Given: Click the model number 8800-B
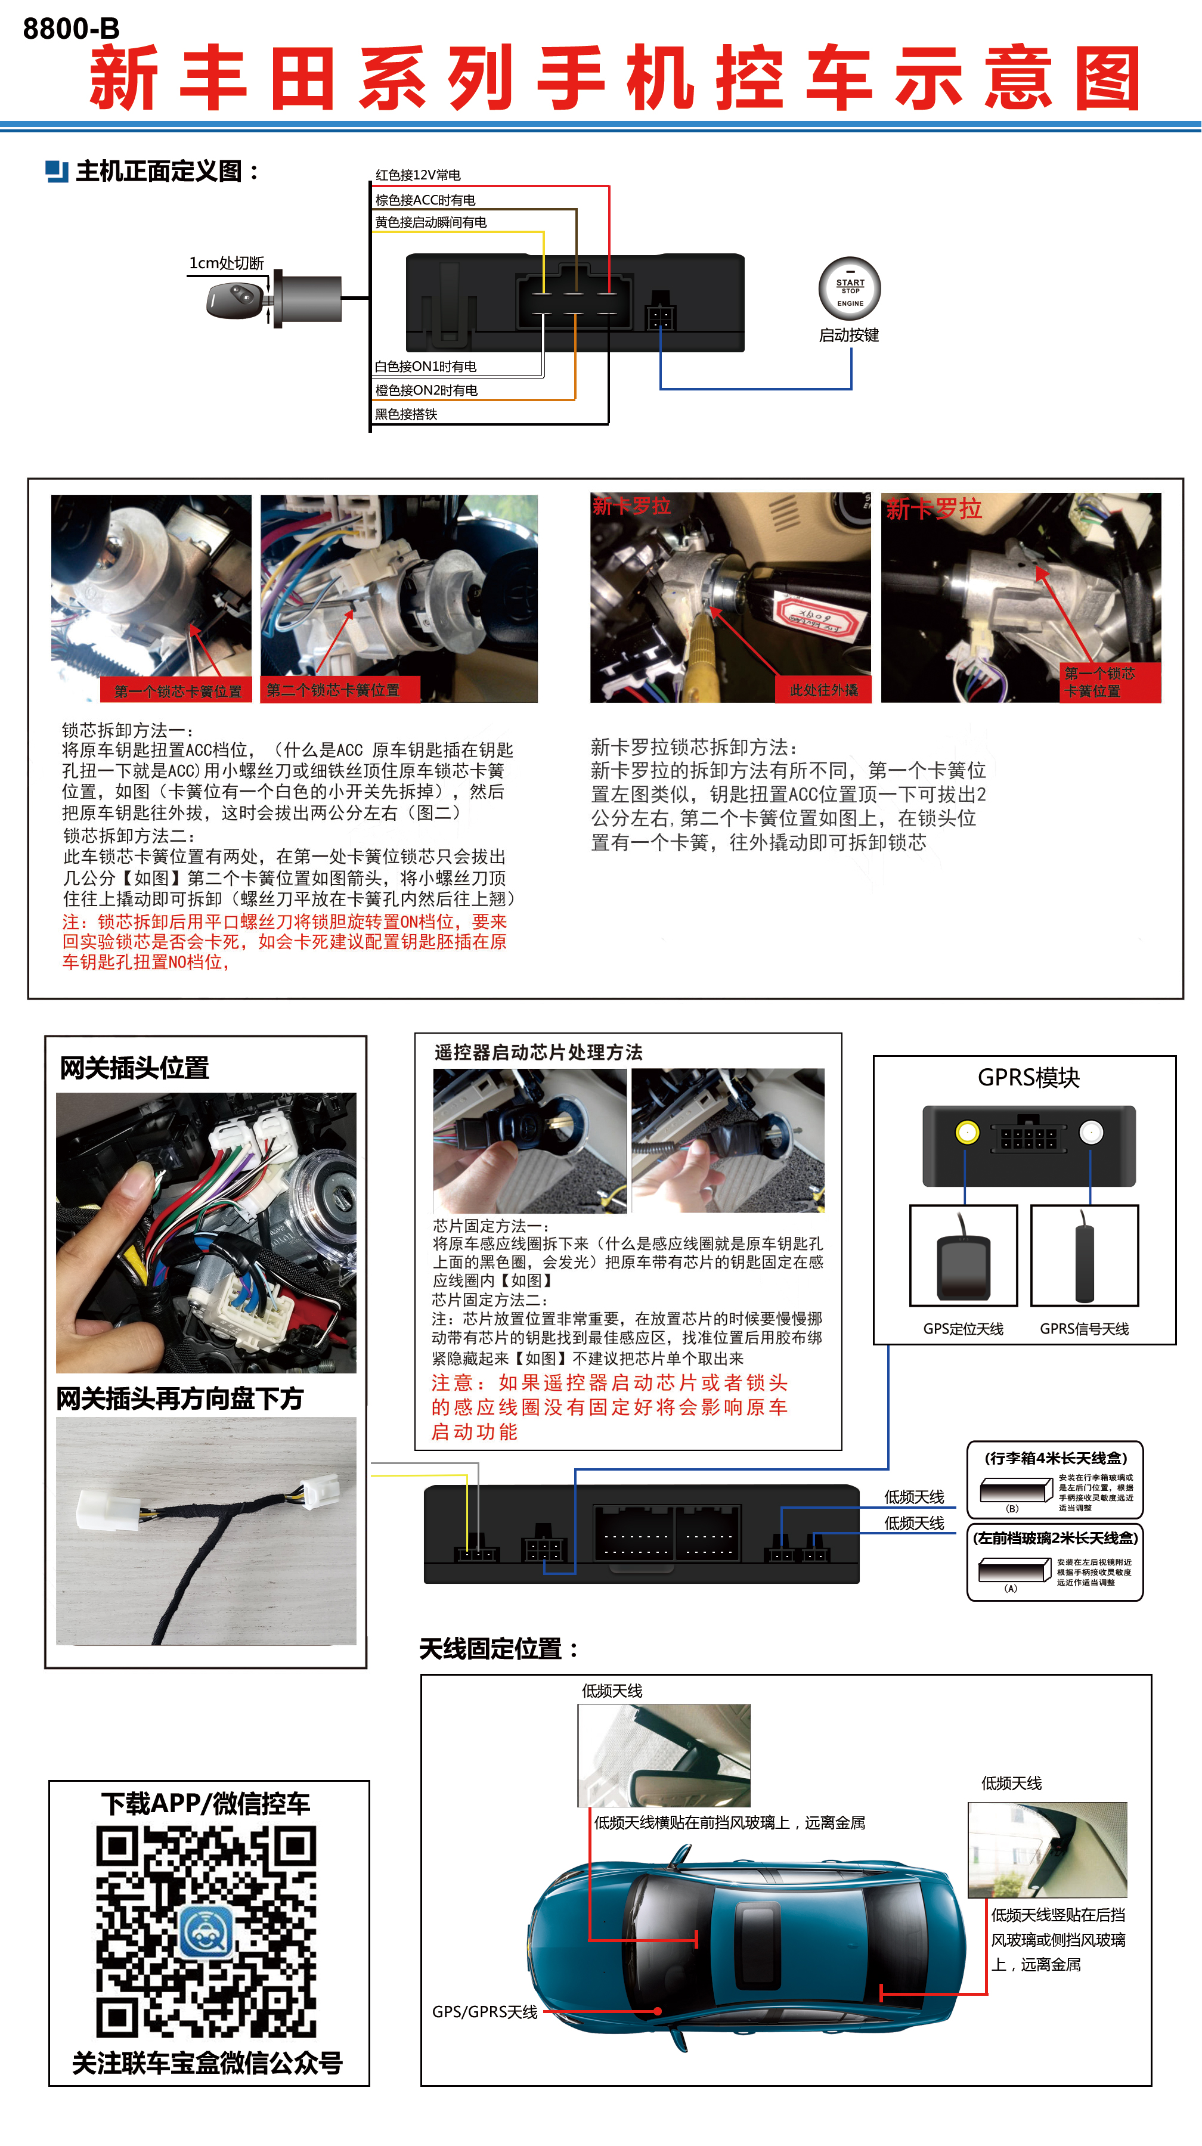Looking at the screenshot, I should (x=71, y=29).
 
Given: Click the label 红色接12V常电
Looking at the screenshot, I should (x=417, y=175).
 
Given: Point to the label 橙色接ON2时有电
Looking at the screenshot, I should (x=426, y=390).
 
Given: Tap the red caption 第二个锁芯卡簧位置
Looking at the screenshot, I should (x=333, y=690).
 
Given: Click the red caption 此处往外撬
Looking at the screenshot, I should (x=823, y=690).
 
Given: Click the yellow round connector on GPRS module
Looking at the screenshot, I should (x=966, y=1132).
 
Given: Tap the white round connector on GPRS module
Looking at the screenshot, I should (x=1091, y=1132).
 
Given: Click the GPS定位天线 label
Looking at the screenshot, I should (x=963, y=1329).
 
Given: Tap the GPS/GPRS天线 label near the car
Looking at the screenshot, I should (x=484, y=2012).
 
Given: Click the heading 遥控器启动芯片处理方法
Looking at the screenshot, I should (x=538, y=1052).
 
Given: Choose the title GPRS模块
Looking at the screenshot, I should (x=1028, y=1077).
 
